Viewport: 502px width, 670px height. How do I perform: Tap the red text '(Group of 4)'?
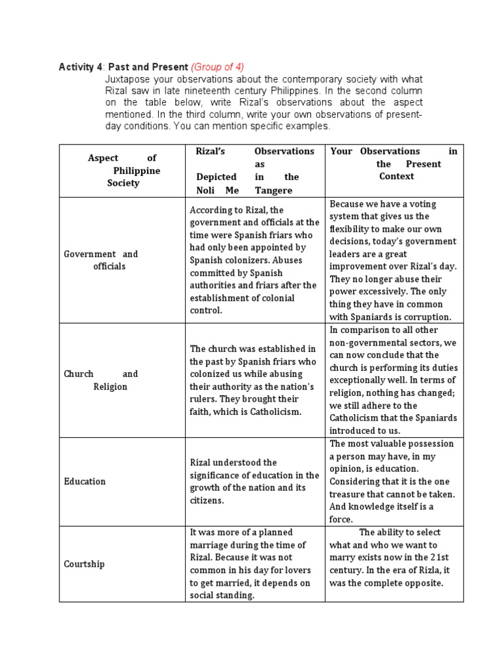tap(218, 67)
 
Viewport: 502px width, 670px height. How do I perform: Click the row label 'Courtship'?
tap(84, 564)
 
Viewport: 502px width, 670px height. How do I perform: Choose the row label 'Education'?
tap(84, 482)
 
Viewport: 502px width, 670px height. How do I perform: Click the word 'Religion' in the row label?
tap(110, 387)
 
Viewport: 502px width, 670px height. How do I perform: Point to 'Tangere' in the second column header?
tap(275, 190)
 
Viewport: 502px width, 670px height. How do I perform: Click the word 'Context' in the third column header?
tap(397, 177)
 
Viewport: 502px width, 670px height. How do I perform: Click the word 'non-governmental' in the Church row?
tap(367, 342)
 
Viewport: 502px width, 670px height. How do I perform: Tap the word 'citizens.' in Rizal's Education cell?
tap(208, 501)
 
